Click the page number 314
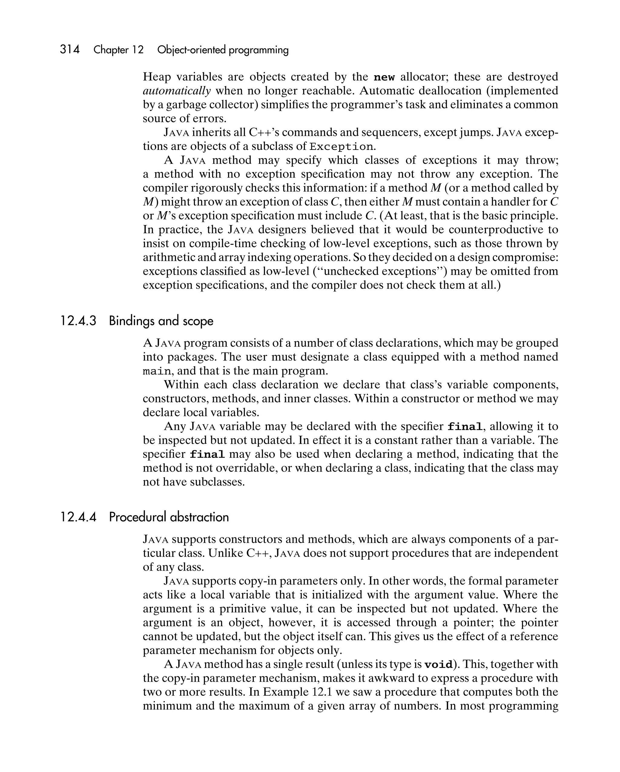(x=70, y=49)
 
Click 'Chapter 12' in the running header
(x=118, y=50)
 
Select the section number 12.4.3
(x=78, y=320)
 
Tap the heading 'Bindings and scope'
(x=161, y=321)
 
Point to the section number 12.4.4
(x=78, y=517)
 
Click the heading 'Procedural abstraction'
(x=169, y=517)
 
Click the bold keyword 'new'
(x=384, y=77)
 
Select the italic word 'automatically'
(x=177, y=91)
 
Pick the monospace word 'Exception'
(x=341, y=147)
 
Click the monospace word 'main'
(x=156, y=371)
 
